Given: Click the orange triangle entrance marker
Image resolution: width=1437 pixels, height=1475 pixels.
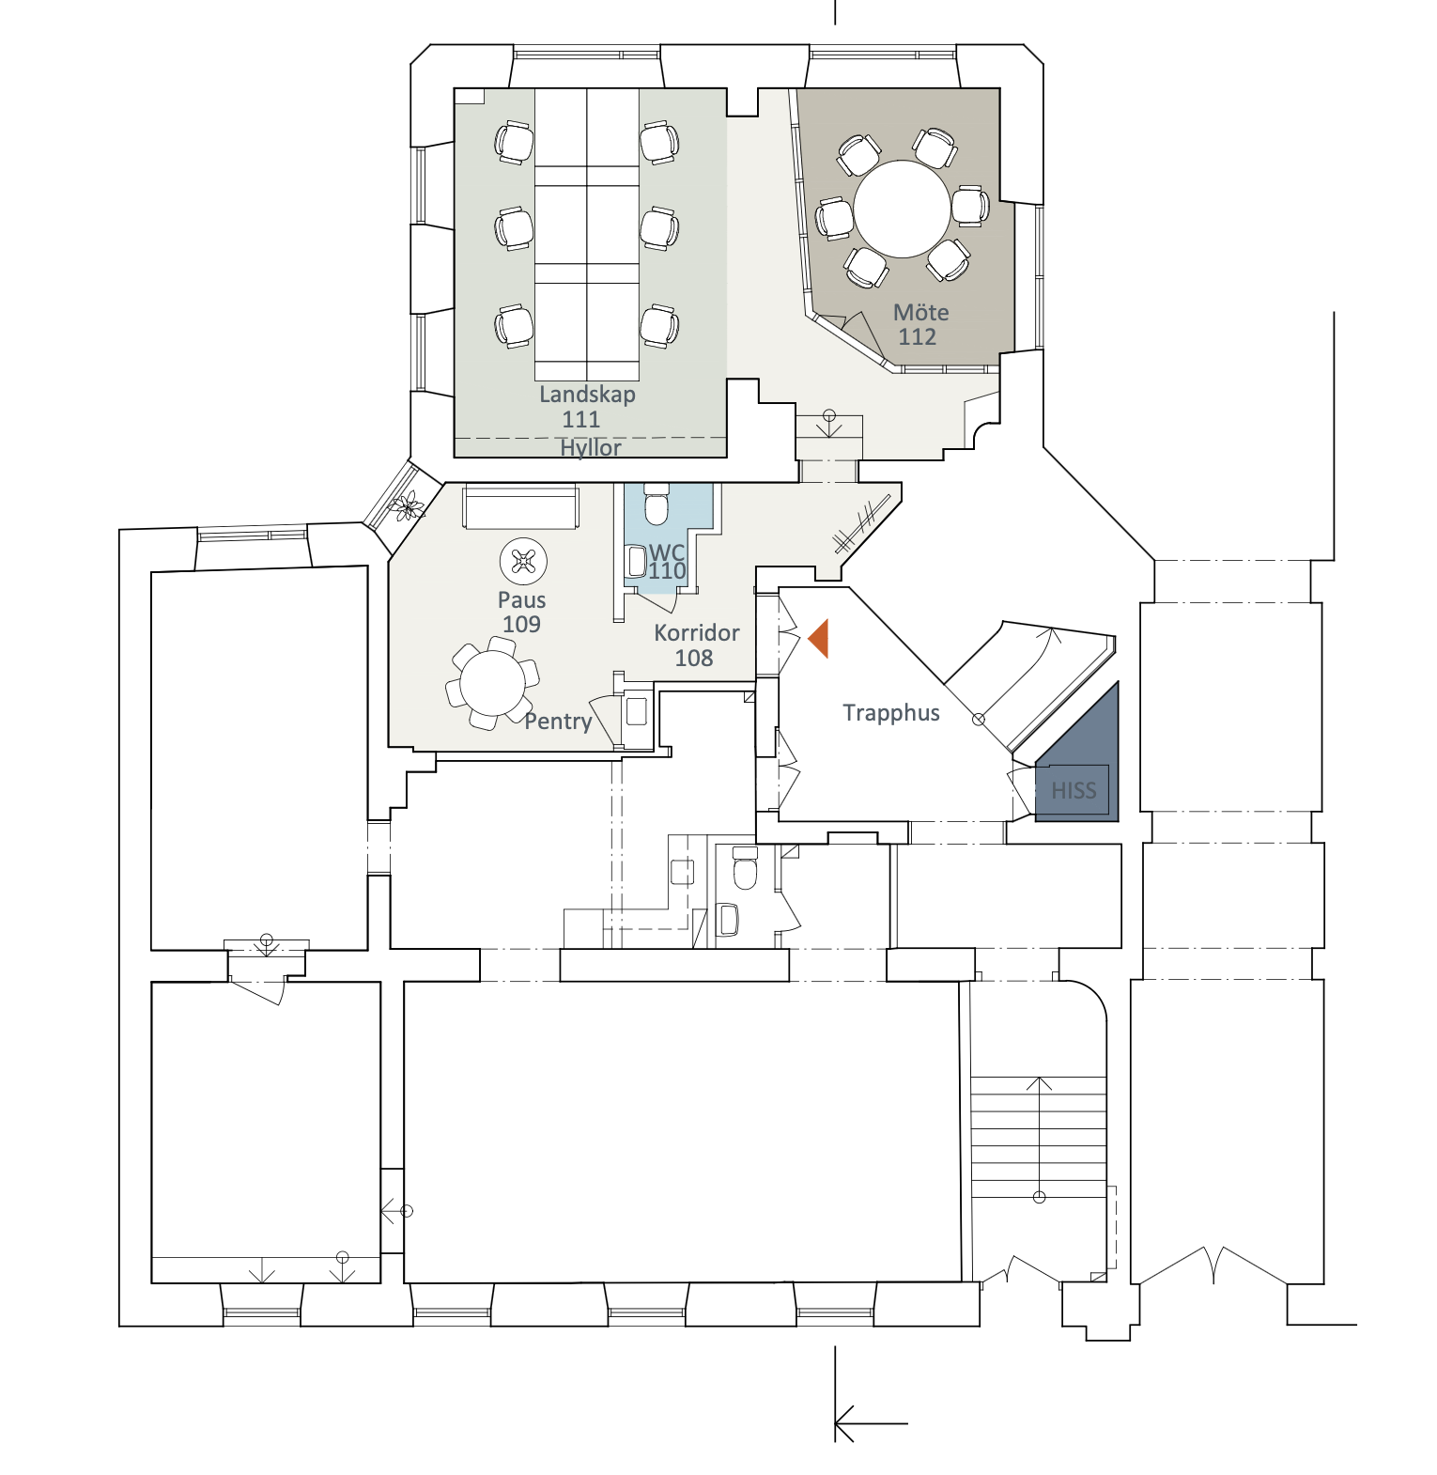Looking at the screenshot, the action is tap(820, 638).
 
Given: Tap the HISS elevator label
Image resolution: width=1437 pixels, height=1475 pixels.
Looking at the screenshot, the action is tap(1074, 791).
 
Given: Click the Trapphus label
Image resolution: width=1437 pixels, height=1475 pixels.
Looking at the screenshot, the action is tap(891, 713).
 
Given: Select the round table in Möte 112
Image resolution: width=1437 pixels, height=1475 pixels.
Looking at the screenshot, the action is tap(902, 209).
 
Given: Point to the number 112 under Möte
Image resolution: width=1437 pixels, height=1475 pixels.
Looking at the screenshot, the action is tap(918, 337).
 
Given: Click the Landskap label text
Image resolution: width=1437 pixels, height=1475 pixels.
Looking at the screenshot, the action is tap(587, 395).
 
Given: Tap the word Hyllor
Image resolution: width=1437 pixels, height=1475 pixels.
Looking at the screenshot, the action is tap(591, 448).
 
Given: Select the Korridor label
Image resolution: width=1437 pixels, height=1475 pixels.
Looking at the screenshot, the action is tap(697, 633).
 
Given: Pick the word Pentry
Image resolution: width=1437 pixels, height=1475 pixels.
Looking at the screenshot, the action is tap(558, 722).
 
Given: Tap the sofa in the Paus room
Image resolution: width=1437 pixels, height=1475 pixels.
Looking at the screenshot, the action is tap(519, 507).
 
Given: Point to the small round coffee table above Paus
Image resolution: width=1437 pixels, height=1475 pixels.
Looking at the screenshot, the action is tap(523, 562).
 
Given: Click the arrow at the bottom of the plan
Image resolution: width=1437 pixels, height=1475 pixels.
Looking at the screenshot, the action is tap(871, 1423).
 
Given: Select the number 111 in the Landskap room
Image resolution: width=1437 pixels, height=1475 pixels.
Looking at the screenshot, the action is tap(581, 420).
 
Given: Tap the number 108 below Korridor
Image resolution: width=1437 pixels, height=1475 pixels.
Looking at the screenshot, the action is tap(694, 659).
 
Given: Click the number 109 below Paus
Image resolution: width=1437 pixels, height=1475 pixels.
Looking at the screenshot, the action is tap(521, 625).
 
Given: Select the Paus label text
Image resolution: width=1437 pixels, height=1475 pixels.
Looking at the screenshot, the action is tap(522, 600).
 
